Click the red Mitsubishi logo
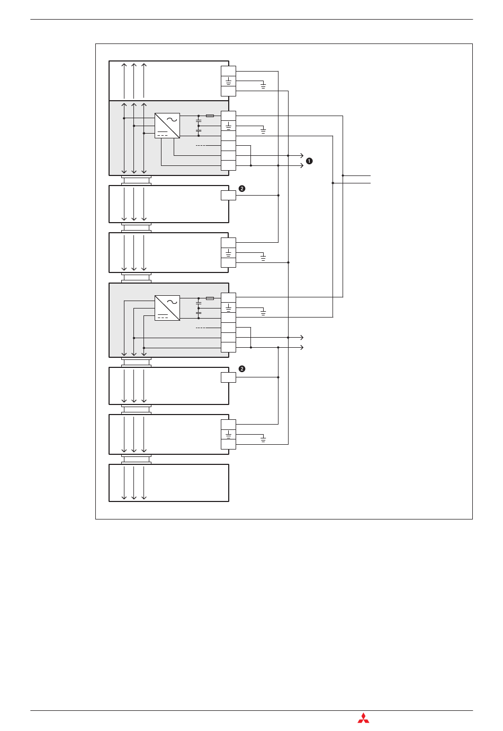click(x=363, y=718)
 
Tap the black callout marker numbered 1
click(x=309, y=161)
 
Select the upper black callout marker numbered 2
click(x=241, y=189)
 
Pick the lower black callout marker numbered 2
click(x=241, y=369)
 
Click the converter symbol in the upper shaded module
click(x=167, y=126)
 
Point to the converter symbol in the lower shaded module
click(x=167, y=308)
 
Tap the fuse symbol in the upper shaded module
click(x=210, y=116)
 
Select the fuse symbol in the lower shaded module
click(x=210, y=298)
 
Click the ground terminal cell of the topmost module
click(x=228, y=81)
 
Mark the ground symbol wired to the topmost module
click(x=263, y=86)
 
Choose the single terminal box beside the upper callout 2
click(x=228, y=195)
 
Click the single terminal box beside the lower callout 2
click(x=228, y=377)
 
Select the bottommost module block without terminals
click(x=168, y=483)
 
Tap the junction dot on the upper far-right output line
click(x=343, y=175)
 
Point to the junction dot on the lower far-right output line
click(x=333, y=183)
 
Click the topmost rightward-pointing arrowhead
click(x=302, y=156)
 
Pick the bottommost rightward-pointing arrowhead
click(x=302, y=348)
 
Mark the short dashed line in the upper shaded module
click(x=201, y=146)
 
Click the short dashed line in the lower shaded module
click(x=201, y=328)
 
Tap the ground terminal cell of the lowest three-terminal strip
click(x=228, y=434)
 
